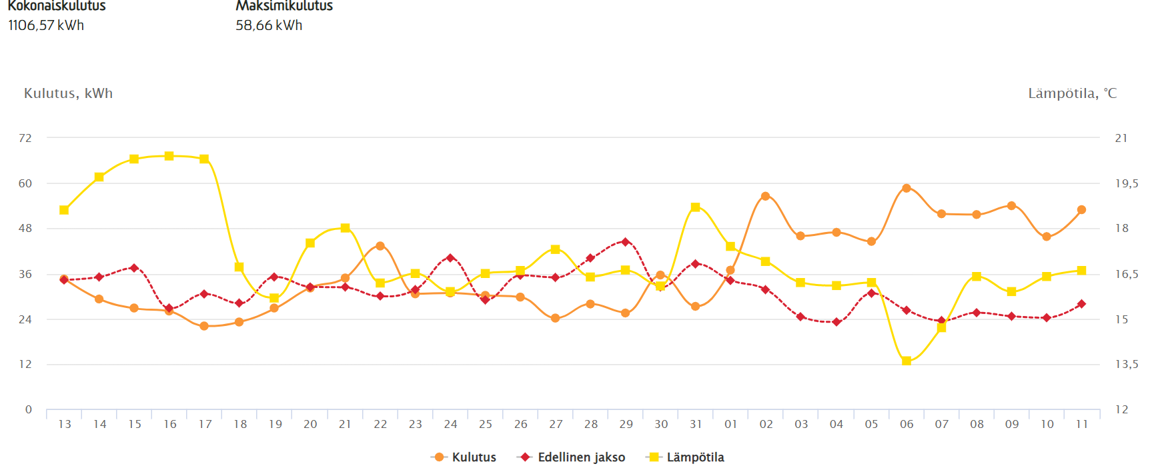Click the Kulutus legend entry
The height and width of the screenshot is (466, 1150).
pyautogui.click(x=465, y=457)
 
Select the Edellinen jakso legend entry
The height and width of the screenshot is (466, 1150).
pyautogui.click(x=572, y=457)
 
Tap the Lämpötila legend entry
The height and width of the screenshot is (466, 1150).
pyautogui.click(x=686, y=457)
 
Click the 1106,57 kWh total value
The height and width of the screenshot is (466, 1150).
pyautogui.click(x=46, y=25)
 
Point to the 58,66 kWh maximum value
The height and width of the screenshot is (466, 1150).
pyautogui.click(x=269, y=25)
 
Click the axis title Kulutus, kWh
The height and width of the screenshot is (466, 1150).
pyautogui.click(x=68, y=93)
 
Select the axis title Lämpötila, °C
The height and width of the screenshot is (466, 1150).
pyautogui.click(x=1072, y=93)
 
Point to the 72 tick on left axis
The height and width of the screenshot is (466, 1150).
pyautogui.click(x=25, y=138)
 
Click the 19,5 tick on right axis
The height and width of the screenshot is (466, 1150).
pyautogui.click(x=1127, y=183)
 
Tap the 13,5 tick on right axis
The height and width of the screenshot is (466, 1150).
pyautogui.click(x=1127, y=364)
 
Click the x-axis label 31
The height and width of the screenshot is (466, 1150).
pyautogui.click(x=696, y=424)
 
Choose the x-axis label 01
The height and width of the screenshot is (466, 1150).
pyautogui.click(x=730, y=424)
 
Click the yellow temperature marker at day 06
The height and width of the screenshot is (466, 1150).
pyautogui.click(x=907, y=361)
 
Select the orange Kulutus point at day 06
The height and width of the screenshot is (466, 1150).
pyautogui.click(x=907, y=188)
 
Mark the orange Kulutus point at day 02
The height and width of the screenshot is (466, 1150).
pyautogui.click(x=765, y=196)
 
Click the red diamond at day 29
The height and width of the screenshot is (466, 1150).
pyautogui.click(x=625, y=242)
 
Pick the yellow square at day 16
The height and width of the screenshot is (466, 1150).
pyautogui.click(x=169, y=156)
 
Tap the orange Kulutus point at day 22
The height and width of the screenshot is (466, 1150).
pyautogui.click(x=380, y=246)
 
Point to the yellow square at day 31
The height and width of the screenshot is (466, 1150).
pyautogui.click(x=696, y=207)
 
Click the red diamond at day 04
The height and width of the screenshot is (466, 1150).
pyautogui.click(x=836, y=322)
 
